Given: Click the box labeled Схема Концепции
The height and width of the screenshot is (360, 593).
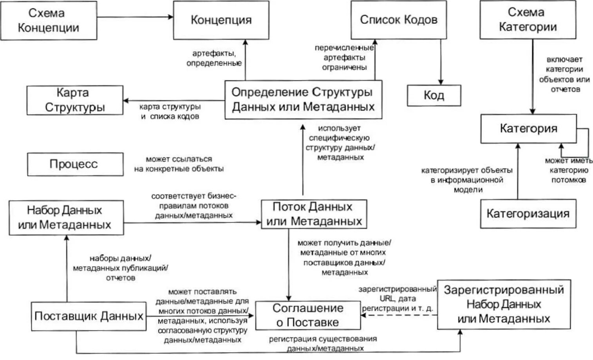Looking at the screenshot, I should click(x=49, y=20).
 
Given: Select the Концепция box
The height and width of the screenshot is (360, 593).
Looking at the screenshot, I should click(x=221, y=20).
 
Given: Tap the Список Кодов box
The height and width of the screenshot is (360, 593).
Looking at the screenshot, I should click(x=398, y=20).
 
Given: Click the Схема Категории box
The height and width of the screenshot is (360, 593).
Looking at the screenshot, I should click(x=528, y=20).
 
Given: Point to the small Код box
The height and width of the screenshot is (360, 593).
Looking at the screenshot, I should click(x=434, y=96).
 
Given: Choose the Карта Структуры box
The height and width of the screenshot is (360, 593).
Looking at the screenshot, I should click(x=75, y=100).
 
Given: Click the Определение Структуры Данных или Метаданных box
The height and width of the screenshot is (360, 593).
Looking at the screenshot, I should click(x=303, y=99).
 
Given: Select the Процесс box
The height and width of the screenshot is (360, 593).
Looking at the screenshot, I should click(x=75, y=164).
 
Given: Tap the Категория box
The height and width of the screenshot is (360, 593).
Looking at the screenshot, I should click(x=528, y=129).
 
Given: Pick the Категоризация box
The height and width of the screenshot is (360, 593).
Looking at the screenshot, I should click(x=528, y=214).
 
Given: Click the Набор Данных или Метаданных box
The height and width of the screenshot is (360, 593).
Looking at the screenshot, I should click(x=66, y=217).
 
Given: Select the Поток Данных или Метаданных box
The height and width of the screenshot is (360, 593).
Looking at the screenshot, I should click(x=314, y=214).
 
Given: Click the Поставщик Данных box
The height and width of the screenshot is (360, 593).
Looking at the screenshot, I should click(x=89, y=316).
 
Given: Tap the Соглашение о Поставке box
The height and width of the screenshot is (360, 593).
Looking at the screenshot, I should click(x=307, y=315).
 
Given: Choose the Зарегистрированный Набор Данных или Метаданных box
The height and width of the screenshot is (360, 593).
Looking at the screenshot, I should click(x=504, y=304).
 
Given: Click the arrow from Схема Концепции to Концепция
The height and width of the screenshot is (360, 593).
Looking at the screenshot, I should click(x=135, y=17).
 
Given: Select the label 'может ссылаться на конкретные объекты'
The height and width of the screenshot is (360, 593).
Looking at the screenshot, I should click(x=179, y=164).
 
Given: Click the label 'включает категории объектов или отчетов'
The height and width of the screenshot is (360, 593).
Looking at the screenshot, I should click(x=564, y=74).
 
